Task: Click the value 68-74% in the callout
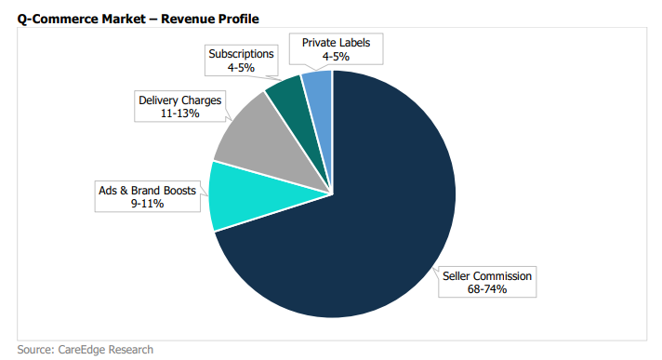(487, 289)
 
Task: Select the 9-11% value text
(147, 204)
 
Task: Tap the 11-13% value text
(179, 113)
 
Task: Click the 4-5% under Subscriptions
(241, 68)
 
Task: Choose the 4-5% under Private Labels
(336, 56)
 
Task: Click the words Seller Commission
(487, 276)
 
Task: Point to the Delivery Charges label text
(179, 100)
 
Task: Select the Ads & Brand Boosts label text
(147, 191)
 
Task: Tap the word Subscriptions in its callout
(241, 54)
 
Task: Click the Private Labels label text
(336, 43)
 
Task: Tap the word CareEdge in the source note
(82, 350)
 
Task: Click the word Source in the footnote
(35, 350)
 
